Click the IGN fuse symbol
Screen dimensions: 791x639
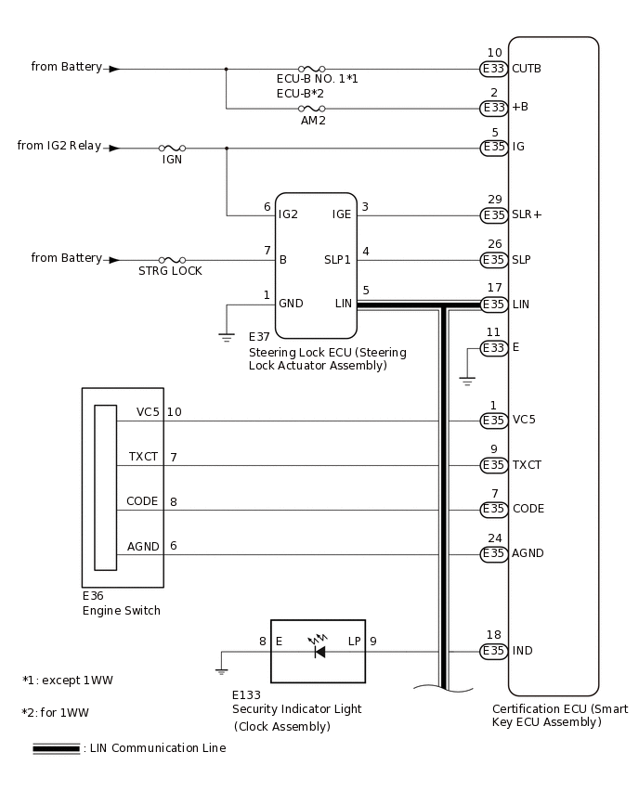(172, 148)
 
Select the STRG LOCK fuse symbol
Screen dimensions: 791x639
(172, 260)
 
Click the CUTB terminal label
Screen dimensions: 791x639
(526, 69)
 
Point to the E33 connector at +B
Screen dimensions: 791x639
(493, 109)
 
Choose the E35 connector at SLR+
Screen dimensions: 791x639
(493, 215)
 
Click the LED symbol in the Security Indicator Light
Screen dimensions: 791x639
(319, 651)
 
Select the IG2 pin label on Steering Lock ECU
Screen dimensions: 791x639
(288, 214)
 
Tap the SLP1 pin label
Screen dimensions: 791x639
(337, 260)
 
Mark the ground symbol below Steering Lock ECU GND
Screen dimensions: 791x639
(227, 337)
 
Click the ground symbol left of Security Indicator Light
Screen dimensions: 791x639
(221, 669)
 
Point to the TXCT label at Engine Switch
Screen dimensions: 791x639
(143, 457)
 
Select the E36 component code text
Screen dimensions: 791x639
(93, 596)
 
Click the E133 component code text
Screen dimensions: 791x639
(247, 694)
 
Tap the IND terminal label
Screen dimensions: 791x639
(522, 651)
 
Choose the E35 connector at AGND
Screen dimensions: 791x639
(493, 554)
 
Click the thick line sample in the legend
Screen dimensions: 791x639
(56, 748)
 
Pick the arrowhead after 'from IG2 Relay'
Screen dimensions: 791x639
(113, 148)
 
